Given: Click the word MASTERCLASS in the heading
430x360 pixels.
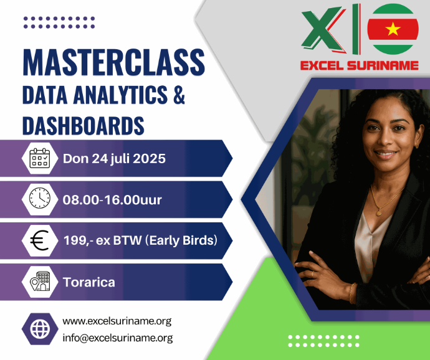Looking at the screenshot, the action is [x=113, y=62].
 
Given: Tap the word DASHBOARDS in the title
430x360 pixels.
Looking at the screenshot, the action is [x=83, y=126].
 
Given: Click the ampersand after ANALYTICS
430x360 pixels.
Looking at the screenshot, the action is [x=179, y=94].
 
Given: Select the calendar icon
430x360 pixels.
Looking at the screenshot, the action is [x=40, y=158].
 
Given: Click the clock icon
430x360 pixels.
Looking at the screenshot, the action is [x=40, y=198].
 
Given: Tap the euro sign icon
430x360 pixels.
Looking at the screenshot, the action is [x=39, y=240].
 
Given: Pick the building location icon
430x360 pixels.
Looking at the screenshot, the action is [x=40, y=282].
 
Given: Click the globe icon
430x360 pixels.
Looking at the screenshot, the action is [x=40, y=329].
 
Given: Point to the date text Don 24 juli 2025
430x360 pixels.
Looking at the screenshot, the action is [x=114, y=159].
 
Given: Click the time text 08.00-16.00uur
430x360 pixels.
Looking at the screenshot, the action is [x=112, y=200].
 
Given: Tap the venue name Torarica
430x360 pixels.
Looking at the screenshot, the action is [x=89, y=282].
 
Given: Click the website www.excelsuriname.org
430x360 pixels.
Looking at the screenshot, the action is [x=117, y=321].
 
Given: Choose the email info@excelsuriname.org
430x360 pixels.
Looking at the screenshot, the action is [x=118, y=338].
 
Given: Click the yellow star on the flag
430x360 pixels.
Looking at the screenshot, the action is [x=393, y=29].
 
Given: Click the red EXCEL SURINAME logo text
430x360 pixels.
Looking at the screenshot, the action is [x=359, y=65].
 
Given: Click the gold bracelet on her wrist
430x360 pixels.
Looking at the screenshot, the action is [x=351, y=293].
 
